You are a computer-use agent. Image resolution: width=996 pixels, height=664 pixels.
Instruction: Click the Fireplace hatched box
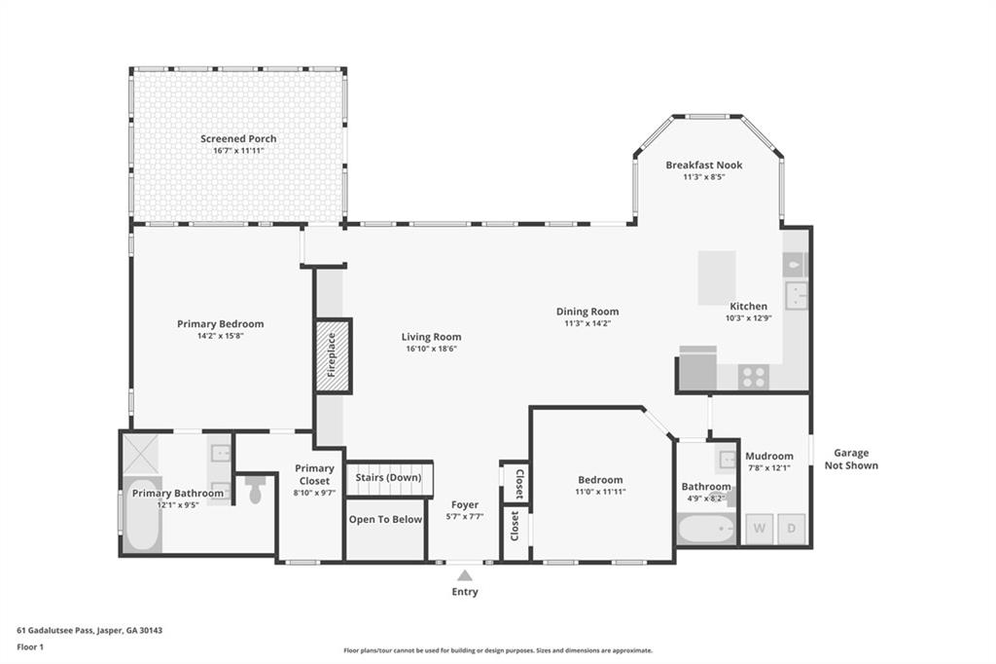coord(334,355)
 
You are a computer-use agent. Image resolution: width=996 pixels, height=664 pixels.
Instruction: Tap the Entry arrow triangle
coord(465,575)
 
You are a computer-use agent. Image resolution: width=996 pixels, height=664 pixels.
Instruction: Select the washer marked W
coord(759,529)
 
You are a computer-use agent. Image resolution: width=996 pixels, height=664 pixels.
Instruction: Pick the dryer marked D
coord(792,529)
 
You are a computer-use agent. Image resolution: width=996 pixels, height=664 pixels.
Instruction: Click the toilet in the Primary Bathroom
coord(256,489)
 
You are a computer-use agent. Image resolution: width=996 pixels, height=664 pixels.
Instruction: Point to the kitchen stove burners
coord(754,377)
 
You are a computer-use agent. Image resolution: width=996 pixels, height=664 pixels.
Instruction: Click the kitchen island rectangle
coord(717,277)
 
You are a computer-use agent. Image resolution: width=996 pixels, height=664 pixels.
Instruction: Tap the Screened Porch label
coord(239,138)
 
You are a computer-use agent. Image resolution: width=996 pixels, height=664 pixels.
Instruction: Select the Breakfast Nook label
coord(704,165)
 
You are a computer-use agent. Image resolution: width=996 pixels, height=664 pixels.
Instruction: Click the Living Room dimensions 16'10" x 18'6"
coord(431,349)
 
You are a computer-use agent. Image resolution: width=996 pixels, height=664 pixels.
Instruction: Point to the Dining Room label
coord(587,312)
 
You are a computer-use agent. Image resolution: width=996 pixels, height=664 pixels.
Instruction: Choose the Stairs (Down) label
coord(388,478)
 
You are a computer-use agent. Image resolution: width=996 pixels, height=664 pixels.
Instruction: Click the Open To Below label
coord(385,520)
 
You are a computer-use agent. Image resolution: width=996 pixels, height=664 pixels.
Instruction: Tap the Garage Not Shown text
coord(851,460)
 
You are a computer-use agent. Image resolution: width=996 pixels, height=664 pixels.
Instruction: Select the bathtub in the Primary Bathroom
coord(142,514)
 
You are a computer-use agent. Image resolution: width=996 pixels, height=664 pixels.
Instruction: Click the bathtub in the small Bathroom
coord(706,529)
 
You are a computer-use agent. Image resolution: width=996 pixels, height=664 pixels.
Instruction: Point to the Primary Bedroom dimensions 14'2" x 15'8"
coord(221,336)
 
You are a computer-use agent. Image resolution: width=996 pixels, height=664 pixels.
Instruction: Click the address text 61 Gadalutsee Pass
coord(55,631)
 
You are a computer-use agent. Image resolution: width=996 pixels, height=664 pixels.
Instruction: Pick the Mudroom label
coord(769,456)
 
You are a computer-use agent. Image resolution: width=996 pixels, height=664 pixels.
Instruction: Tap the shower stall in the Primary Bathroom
coord(140,454)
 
